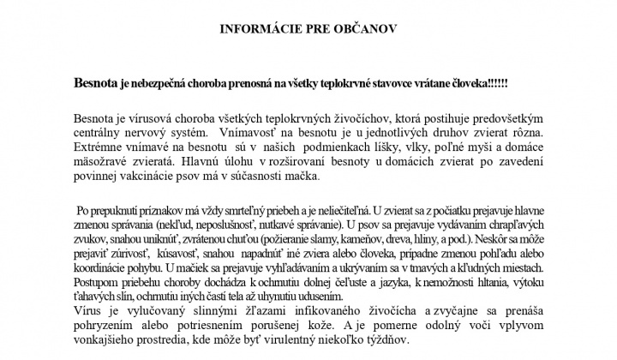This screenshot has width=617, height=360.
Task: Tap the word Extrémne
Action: click(100, 148)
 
